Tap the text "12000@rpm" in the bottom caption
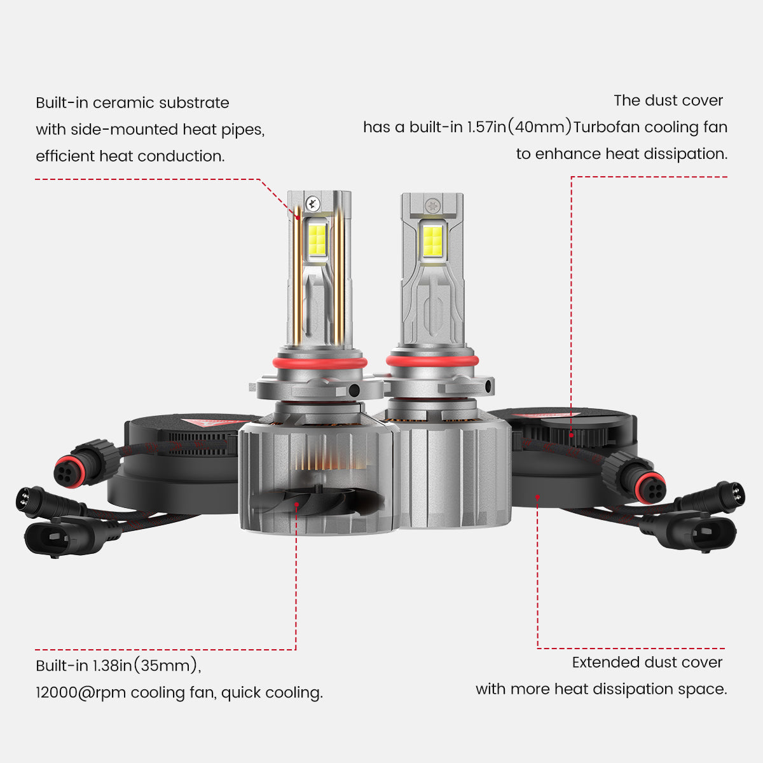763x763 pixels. coord(81,692)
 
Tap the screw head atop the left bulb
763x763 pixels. coord(312,203)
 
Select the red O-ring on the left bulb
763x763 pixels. coord(320,363)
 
